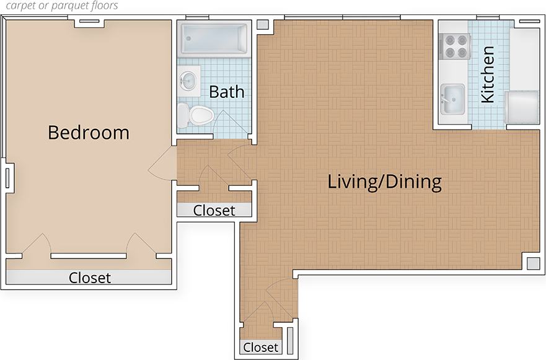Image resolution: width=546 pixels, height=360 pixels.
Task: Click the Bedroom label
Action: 89,133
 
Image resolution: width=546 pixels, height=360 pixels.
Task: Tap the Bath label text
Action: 226,92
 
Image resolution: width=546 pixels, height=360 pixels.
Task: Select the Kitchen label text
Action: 488,74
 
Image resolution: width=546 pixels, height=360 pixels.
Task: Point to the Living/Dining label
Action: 384,182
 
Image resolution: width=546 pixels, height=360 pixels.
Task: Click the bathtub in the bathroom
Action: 213,38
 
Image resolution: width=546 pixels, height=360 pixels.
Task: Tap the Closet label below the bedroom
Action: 89,278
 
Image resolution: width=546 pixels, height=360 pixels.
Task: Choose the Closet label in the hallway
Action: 214,211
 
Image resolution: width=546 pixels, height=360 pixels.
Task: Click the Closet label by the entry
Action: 260,348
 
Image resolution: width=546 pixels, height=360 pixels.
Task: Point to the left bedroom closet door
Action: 37,245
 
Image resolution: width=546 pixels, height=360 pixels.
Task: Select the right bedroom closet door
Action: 140,245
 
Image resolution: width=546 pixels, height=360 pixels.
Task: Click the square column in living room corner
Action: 532,262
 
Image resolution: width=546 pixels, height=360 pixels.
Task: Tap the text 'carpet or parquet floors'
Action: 60,6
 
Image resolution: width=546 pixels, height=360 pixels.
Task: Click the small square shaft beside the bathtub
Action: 262,25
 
